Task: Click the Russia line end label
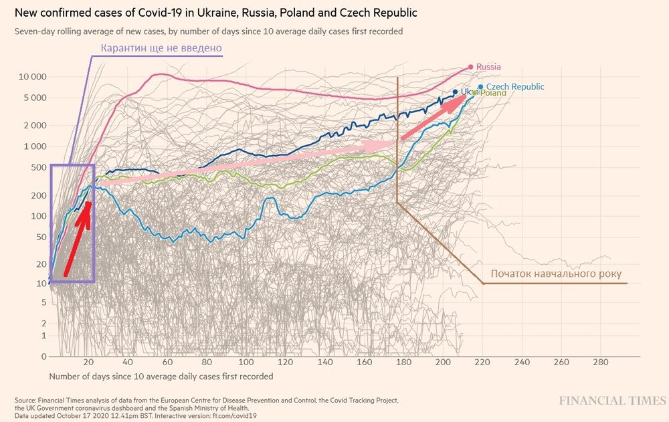click(x=488, y=67)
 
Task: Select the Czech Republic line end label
click(x=514, y=87)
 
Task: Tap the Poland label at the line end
click(x=493, y=93)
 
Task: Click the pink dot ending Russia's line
click(x=471, y=66)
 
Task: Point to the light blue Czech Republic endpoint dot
click(x=480, y=86)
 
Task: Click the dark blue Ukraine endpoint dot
click(x=455, y=92)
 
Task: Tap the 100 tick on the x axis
click(x=247, y=362)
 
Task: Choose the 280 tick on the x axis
click(x=600, y=362)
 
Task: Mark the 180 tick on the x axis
click(x=403, y=362)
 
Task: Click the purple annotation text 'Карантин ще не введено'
click(x=161, y=48)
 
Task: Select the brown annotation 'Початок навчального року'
click(x=556, y=274)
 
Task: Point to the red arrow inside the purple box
click(x=78, y=237)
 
